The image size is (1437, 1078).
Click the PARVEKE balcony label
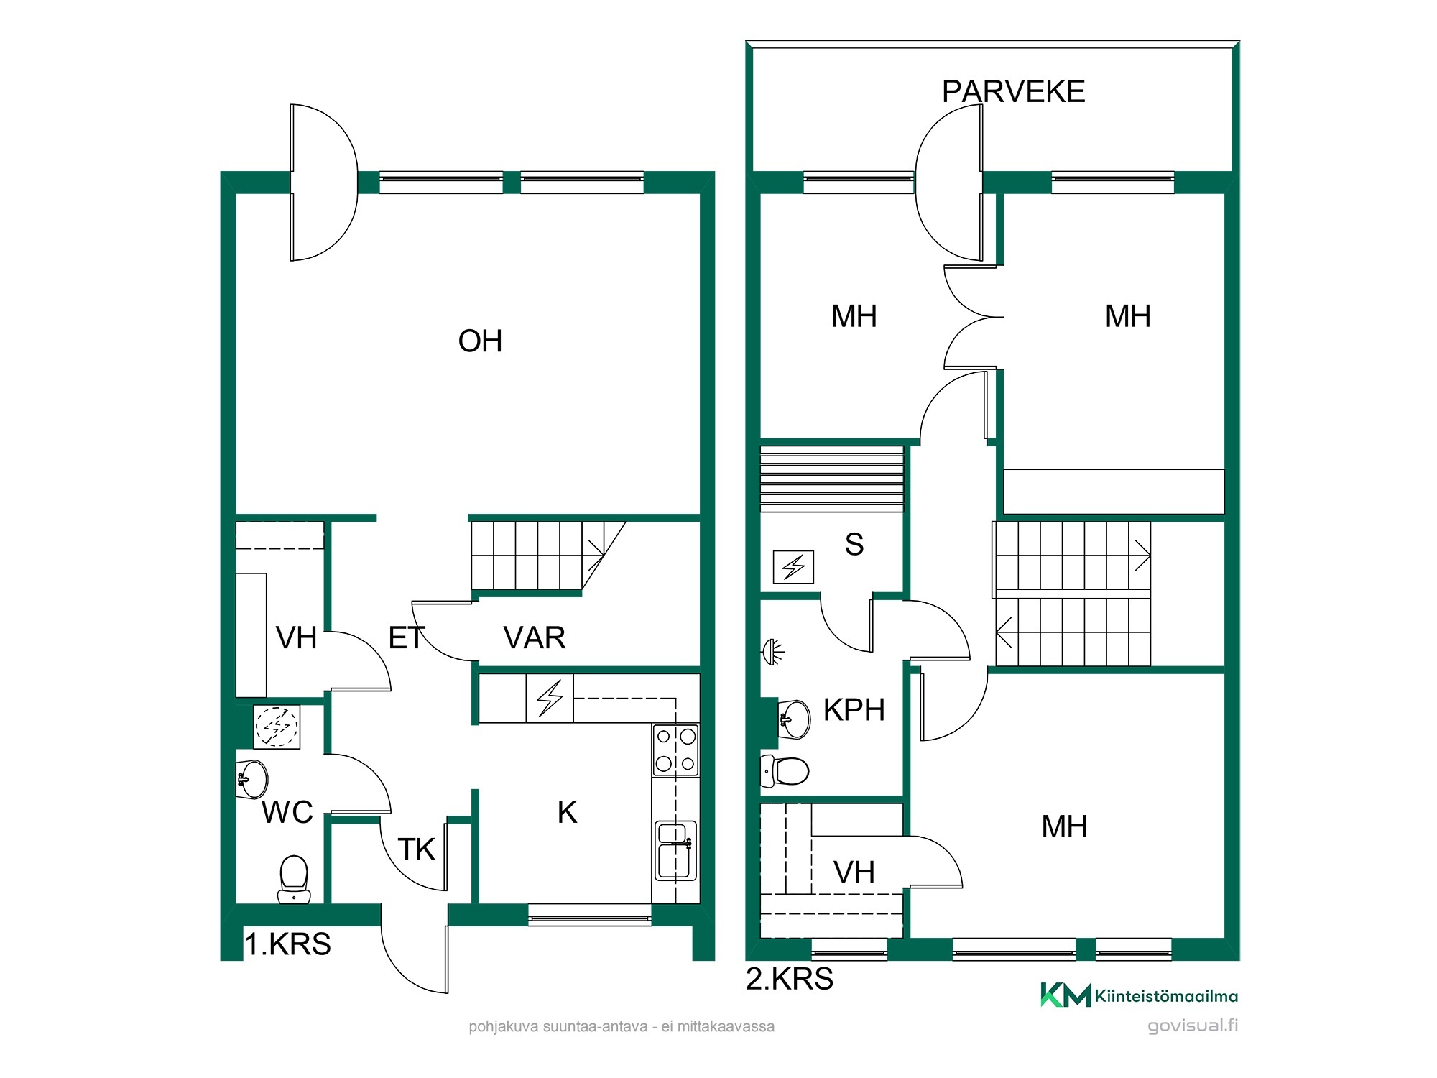[x=1013, y=92]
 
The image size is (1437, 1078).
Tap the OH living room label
[x=480, y=341]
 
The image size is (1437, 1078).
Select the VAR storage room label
[x=535, y=638]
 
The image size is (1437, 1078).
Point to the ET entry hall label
[x=407, y=638]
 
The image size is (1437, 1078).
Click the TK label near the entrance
[x=417, y=849]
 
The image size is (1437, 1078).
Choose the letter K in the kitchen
[x=567, y=813]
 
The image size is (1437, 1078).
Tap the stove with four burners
[x=675, y=750]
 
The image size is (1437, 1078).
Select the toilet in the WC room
[x=293, y=879]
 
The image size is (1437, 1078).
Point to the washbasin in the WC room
[x=251, y=778]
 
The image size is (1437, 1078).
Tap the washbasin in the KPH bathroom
[x=795, y=719]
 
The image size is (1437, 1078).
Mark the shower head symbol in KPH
[x=773, y=651]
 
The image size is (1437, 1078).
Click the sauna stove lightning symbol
[x=793, y=567]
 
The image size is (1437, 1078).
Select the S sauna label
[x=854, y=545]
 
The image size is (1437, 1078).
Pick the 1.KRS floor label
[x=288, y=944]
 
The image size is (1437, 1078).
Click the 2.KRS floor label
[x=790, y=979]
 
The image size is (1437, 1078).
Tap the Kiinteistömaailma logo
[x=1139, y=995]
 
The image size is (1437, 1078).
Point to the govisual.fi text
[x=1193, y=1026]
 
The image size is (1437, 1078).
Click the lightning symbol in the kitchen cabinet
[x=550, y=698]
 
